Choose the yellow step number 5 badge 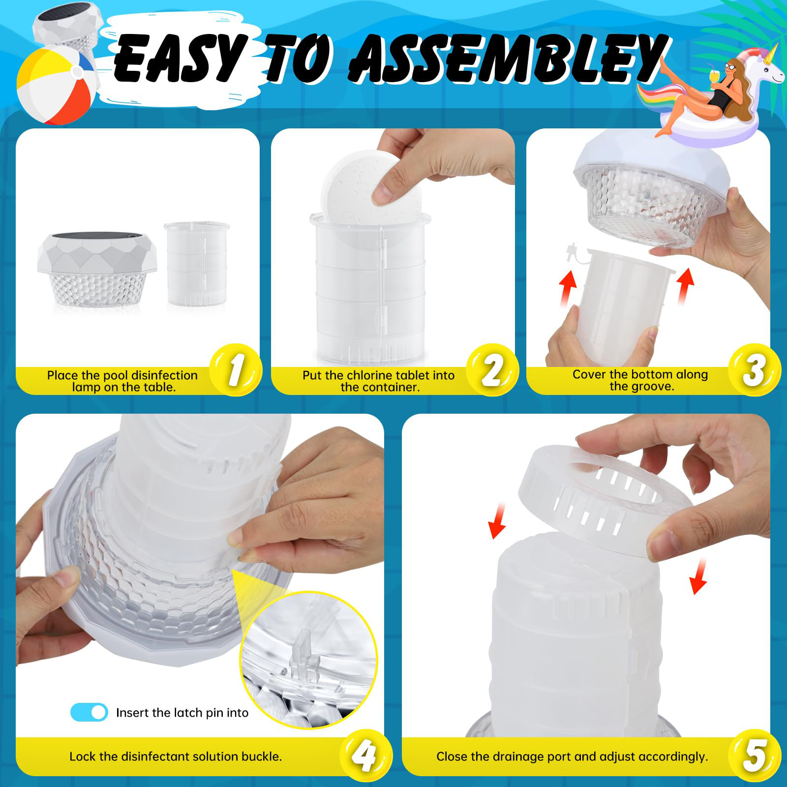click(x=754, y=756)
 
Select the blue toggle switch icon click(x=89, y=712)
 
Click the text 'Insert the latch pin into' click(x=182, y=713)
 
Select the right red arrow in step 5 click(x=698, y=576)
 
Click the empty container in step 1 click(x=197, y=264)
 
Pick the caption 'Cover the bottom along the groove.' click(x=640, y=380)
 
